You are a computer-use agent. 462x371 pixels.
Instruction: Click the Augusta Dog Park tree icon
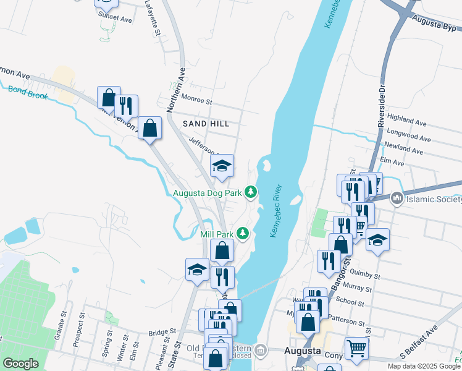(x=251, y=193)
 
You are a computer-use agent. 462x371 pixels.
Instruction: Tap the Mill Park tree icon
(x=244, y=234)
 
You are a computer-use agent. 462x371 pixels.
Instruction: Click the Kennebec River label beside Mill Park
(x=276, y=211)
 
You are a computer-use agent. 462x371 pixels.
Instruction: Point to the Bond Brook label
(x=28, y=93)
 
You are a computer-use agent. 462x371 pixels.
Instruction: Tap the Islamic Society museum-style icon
(x=397, y=198)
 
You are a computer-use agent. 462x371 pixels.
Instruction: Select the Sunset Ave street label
(x=117, y=20)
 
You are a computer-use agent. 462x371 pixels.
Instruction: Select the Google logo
(x=20, y=364)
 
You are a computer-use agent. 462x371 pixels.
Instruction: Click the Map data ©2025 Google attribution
(x=424, y=366)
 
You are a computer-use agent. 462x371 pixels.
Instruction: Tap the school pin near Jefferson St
(x=222, y=166)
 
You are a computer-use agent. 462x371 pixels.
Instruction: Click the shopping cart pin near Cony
(x=356, y=348)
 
